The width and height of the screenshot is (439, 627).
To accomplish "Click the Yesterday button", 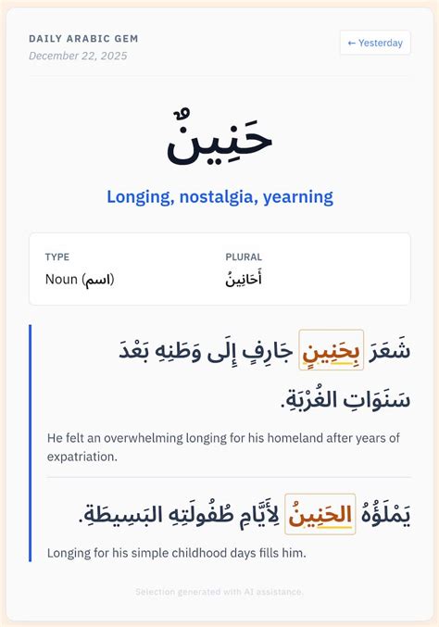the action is (375, 43).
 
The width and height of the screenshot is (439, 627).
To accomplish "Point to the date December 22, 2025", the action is (78, 56).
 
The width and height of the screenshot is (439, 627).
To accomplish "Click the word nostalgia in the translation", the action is (220, 196).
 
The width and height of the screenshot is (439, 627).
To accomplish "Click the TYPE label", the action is (57, 257).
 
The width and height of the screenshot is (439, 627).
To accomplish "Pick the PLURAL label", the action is (244, 257).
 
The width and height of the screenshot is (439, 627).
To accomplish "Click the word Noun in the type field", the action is (62, 279).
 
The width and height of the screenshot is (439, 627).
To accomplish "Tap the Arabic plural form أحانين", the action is (244, 279).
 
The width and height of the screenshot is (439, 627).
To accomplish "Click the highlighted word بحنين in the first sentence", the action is (332, 351).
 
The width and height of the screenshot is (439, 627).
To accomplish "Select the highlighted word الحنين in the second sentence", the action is (320, 515).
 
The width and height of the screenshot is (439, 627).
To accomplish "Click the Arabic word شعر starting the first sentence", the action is (389, 351).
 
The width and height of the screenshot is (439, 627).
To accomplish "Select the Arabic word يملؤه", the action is (385, 515).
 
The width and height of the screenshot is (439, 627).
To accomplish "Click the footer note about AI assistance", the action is (219, 591).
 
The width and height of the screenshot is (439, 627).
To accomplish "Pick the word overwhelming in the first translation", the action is (140, 437).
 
